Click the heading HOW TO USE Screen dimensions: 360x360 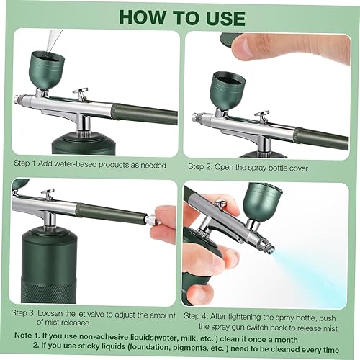pos(180,16)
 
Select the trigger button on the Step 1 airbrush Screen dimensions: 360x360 pos(81,94)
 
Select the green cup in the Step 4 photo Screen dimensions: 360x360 pos(259,202)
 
